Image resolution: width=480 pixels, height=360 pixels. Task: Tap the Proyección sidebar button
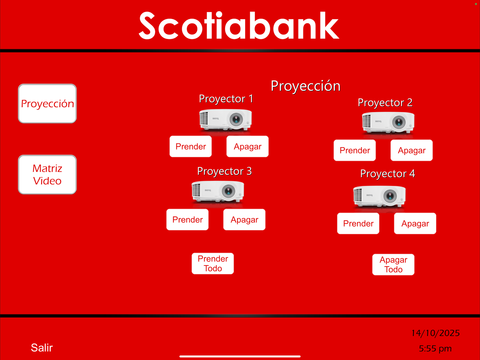coord(47,104)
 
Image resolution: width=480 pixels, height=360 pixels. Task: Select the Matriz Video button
coord(47,174)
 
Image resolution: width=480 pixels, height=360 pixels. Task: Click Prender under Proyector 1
coord(190,147)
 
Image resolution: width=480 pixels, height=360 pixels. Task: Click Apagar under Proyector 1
coord(247,147)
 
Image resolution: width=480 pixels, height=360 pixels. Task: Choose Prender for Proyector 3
coord(187,220)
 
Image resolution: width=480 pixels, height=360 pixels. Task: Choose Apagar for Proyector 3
coord(244,220)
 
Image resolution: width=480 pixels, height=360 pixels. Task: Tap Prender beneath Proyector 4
coord(358,224)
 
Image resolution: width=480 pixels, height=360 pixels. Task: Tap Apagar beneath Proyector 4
coord(415,224)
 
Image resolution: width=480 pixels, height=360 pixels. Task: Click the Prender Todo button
coord(213,264)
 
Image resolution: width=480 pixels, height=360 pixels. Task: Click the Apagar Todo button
coord(393,265)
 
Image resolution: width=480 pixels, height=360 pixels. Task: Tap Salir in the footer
coord(42,348)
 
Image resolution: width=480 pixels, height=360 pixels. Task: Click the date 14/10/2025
coord(435,333)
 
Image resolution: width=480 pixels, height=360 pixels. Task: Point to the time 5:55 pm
coord(435,349)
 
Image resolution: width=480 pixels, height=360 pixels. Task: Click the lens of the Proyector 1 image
coord(236,119)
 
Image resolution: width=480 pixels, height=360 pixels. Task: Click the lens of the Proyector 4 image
coord(390,196)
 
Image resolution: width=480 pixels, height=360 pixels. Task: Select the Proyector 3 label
coord(224,171)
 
